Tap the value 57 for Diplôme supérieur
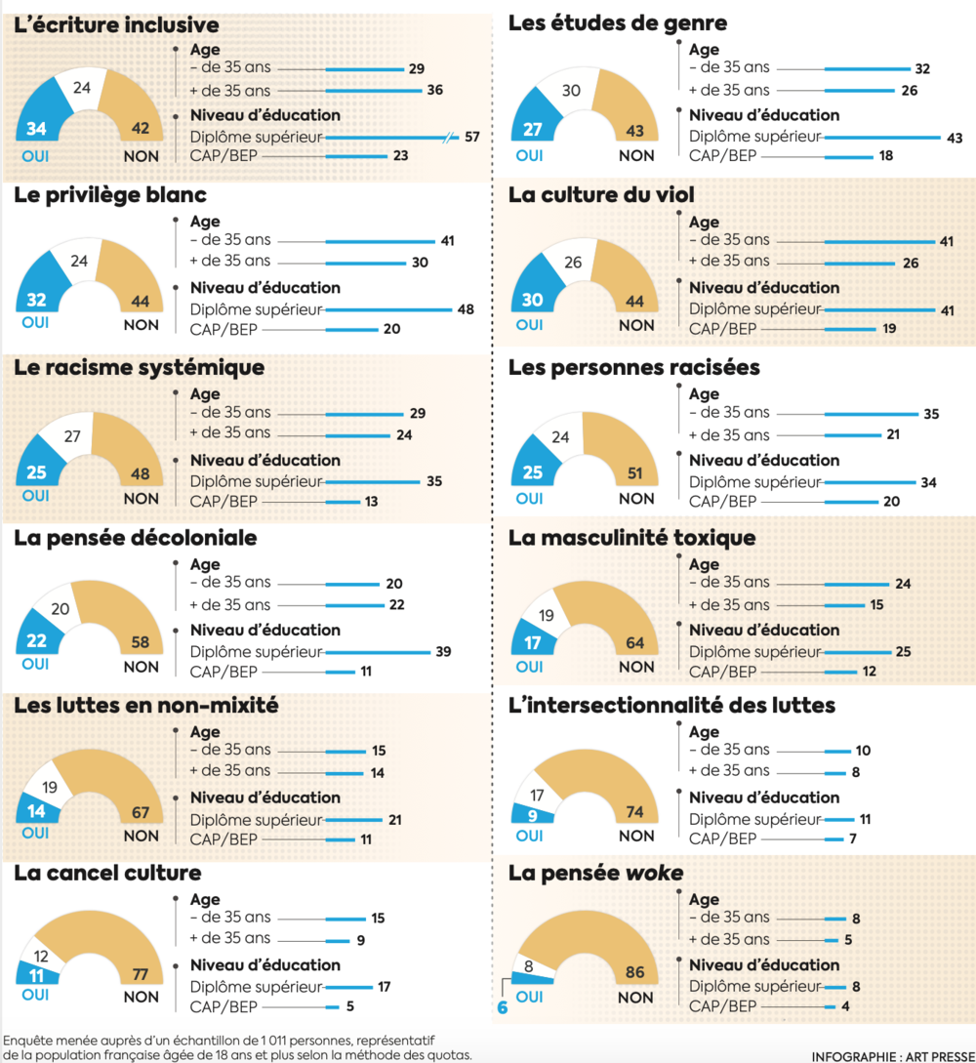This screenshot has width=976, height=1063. coord(471,136)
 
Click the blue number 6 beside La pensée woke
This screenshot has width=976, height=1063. coord(503,1006)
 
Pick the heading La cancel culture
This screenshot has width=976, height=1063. coord(107,872)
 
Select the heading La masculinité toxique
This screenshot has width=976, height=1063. coord(631,538)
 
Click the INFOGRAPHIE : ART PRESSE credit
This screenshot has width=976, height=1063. coord(891,1055)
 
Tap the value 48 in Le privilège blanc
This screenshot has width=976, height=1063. coord(466,309)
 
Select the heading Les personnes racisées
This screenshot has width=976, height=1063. coord(628,368)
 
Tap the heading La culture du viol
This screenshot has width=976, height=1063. coord(601,195)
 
